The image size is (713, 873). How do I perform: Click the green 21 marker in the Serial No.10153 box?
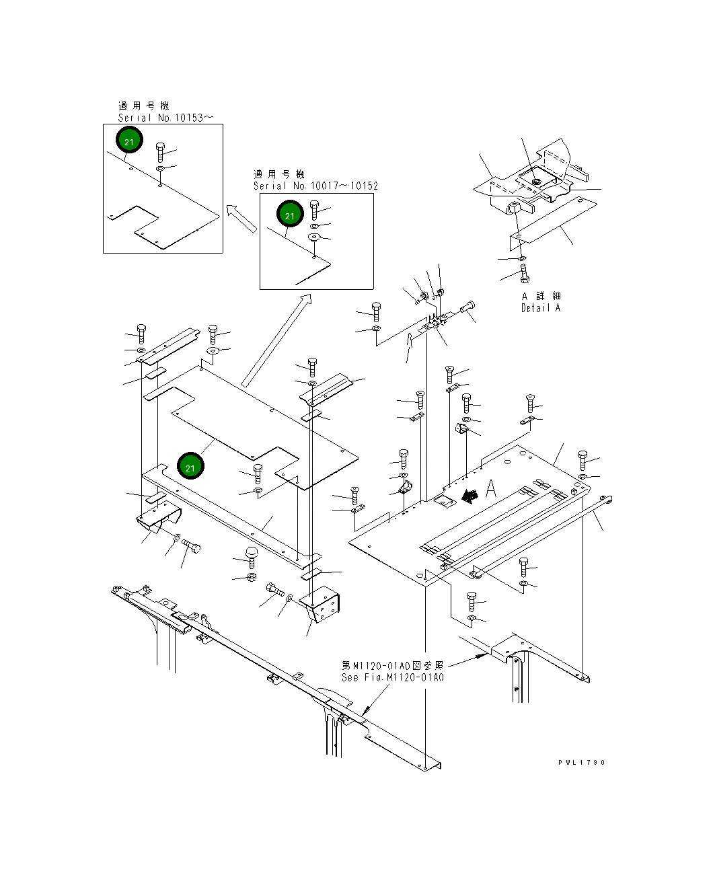click(x=129, y=141)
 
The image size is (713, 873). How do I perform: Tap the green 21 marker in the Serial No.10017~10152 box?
click(x=290, y=215)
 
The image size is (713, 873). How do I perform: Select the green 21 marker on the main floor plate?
click(x=190, y=467)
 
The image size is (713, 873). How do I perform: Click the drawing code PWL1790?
click(x=582, y=762)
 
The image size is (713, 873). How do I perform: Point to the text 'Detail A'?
click(x=540, y=308)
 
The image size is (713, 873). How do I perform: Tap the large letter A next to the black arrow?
click(x=492, y=489)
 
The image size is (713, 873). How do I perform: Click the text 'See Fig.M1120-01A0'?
click(x=393, y=677)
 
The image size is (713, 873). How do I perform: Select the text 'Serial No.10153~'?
click(x=166, y=117)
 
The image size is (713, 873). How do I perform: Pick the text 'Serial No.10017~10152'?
click(x=315, y=186)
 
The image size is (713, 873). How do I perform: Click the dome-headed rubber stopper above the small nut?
click(x=252, y=556)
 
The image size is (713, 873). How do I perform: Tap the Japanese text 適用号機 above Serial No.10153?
click(x=144, y=106)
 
